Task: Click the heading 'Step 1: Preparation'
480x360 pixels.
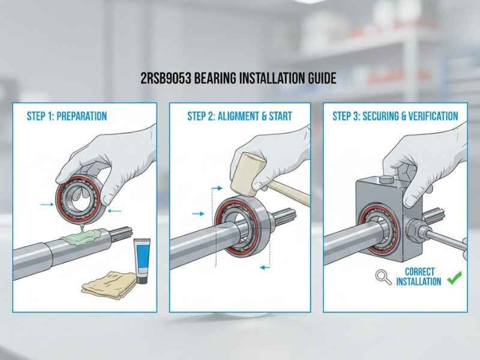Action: (67, 116)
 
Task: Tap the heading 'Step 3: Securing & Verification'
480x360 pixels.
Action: (395, 116)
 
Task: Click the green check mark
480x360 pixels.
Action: (455, 277)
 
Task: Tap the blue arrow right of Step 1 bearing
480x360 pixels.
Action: (117, 209)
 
